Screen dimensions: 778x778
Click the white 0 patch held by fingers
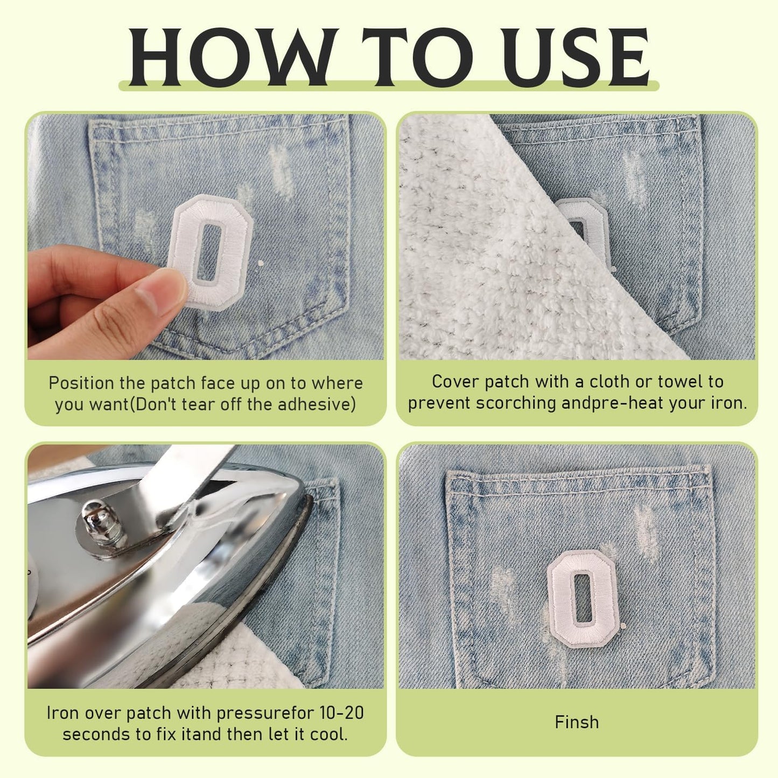pos(211,253)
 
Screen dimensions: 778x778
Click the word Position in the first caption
pos(82,383)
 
